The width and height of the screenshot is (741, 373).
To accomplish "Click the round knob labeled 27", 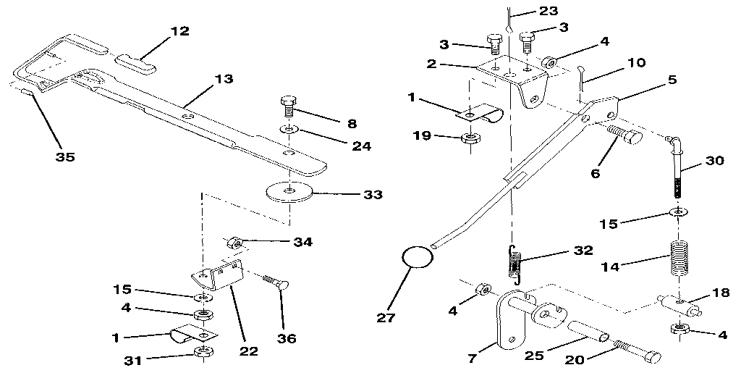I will tap(415, 257).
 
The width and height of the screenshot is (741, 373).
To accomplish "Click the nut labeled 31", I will tap(203, 354).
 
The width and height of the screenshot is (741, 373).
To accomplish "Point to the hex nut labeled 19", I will tap(470, 138).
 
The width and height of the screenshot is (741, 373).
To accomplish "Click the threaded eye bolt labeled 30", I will tap(677, 170).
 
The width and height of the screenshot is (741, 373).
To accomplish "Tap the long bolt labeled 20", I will tap(635, 352).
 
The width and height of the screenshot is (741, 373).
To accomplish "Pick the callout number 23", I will tap(549, 12).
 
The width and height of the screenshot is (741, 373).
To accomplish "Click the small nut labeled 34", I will tap(234, 241).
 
